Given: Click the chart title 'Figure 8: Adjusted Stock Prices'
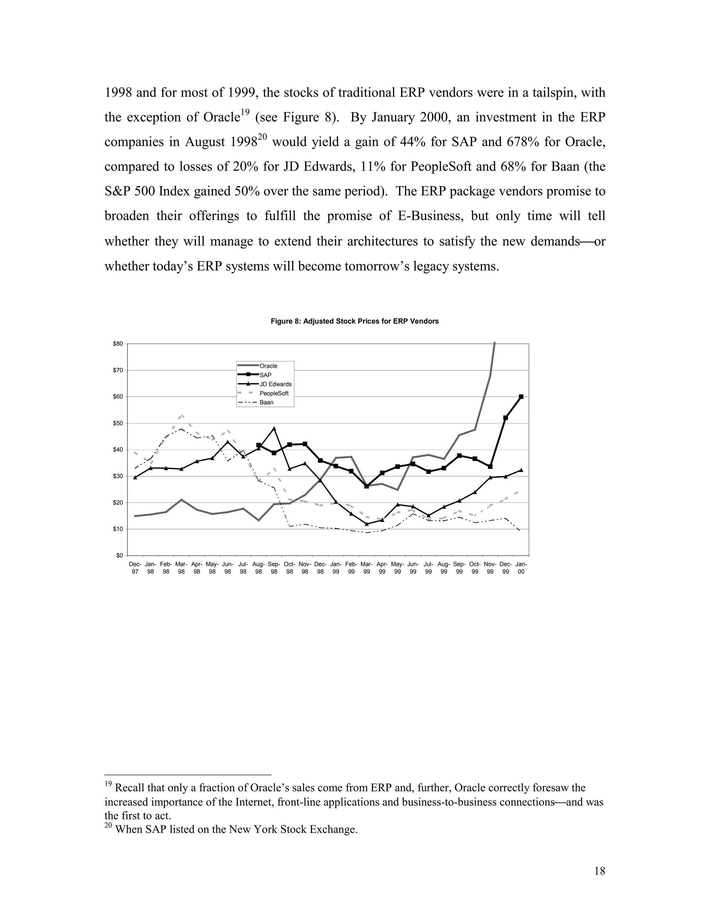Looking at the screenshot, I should click(355, 321).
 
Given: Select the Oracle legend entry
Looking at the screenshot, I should click(268, 366).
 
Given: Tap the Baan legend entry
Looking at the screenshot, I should click(266, 402).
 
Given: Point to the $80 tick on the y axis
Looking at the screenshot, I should click(118, 344).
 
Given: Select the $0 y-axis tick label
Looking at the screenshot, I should click(120, 556).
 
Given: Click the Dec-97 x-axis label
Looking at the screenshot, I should click(135, 568).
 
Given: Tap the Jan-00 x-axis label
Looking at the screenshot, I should click(521, 568).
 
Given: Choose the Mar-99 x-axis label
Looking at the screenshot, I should click(367, 568).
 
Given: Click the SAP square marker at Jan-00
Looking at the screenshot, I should click(521, 396).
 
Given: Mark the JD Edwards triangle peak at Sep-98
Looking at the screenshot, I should click(274, 428).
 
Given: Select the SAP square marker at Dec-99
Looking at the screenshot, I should click(505, 418).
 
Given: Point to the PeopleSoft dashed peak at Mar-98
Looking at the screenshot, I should click(181, 415).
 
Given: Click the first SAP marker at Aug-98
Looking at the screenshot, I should click(259, 445).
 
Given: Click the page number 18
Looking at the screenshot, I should click(600, 871).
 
